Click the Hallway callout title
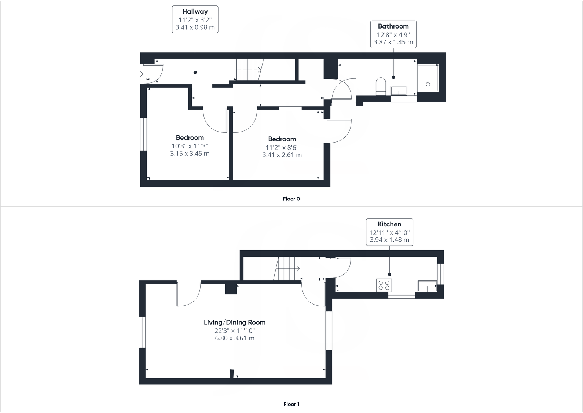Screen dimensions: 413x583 (x=195, y=12)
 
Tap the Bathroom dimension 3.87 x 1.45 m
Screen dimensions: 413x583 (x=393, y=42)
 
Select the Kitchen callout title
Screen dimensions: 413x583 (x=389, y=224)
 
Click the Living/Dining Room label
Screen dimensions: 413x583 (x=235, y=322)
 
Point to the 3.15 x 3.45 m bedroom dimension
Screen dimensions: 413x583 (x=190, y=154)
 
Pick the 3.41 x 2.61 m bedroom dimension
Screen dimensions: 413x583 (x=282, y=155)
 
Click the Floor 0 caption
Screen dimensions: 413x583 (x=291, y=199)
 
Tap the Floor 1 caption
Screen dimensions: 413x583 (x=291, y=404)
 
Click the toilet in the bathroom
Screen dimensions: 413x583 (x=381, y=86)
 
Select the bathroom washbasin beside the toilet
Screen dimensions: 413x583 (x=399, y=91)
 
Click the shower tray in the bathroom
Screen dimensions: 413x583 (x=428, y=78)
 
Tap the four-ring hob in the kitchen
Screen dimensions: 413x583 (x=384, y=285)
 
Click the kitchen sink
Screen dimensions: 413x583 (x=428, y=286)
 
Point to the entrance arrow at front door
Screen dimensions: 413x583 (x=140, y=74)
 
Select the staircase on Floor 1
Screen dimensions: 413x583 (x=287, y=269)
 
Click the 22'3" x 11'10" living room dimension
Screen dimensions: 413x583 (x=235, y=331)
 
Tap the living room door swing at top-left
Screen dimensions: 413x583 (x=188, y=294)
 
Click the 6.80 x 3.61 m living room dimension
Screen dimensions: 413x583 (x=235, y=338)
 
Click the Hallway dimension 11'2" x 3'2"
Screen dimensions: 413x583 (x=195, y=20)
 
